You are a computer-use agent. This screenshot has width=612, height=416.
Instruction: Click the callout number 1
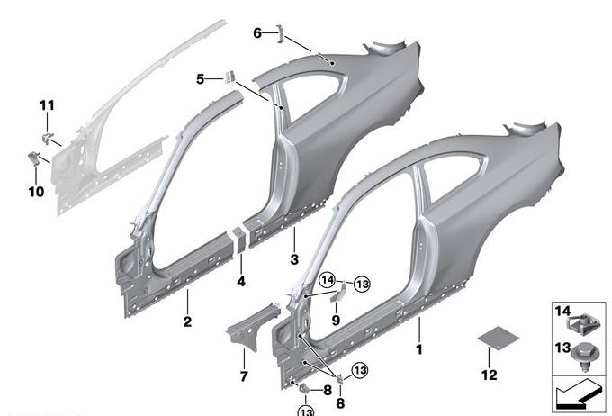point(419,349)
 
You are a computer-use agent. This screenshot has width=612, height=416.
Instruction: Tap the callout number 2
point(188,321)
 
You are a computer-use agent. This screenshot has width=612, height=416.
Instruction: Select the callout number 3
point(294,259)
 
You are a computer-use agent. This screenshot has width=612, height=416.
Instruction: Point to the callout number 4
point(241,281)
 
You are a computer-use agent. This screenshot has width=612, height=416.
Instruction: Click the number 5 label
point(200,79)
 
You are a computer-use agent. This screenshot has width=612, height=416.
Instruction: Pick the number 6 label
point(256,33)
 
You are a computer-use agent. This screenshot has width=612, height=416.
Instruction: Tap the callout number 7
point(244,376)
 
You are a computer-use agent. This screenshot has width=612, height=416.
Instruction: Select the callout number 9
point(336,321)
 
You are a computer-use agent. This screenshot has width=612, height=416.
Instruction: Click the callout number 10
point(36,192)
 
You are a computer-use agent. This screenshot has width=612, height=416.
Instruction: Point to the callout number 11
point(47,105)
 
